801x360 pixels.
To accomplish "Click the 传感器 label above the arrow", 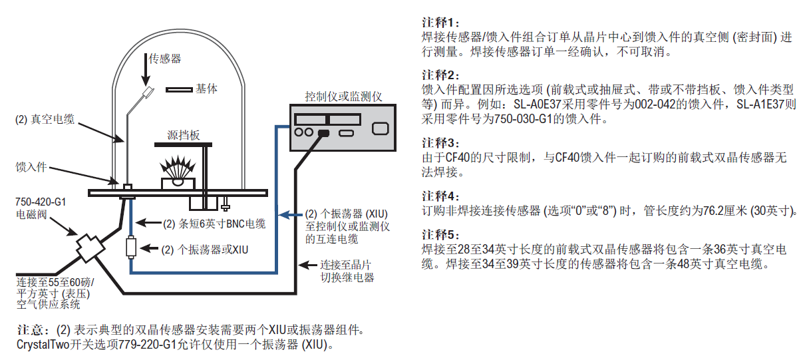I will coord(165,59).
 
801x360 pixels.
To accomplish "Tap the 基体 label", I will coord(207,88).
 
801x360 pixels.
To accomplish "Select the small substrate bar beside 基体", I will coord(178,89).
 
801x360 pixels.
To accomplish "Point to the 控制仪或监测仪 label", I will coord(343,96).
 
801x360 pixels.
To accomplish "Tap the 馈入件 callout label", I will coord(31,166).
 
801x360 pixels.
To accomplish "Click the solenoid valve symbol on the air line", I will coord(88,248).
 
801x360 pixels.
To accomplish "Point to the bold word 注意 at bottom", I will coord(31,331).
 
